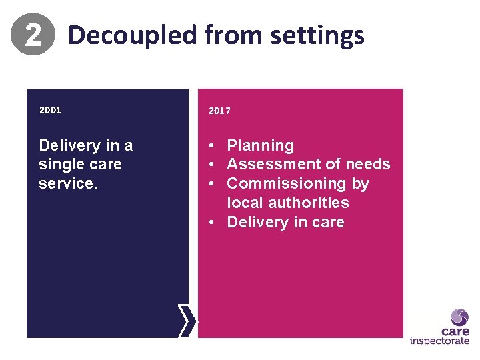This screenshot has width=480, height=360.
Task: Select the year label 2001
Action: [x=50, y=110]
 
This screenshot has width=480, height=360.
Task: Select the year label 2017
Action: [x=219, y=111]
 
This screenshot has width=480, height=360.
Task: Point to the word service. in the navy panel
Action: [x=68, y=183]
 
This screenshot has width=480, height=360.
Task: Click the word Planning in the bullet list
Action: [x=260, y=145]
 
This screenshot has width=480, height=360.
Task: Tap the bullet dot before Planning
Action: [x=210, y=145]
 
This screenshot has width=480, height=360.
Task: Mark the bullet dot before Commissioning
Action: [x=210, y=183]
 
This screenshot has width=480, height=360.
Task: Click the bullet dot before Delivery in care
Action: [x=210, y=222]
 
